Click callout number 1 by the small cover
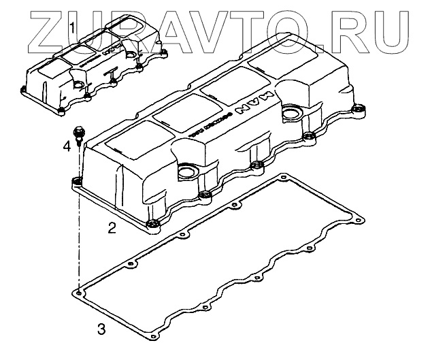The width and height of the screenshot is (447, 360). pyautogui.click(x=73, y=28)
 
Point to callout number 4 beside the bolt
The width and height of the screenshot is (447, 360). pyautogui.click(x=67, y=146)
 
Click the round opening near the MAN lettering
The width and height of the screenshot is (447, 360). pyautogui.click(x=293, y=112)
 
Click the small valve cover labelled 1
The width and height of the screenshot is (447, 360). pyautogui.click(x=95, y=68)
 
